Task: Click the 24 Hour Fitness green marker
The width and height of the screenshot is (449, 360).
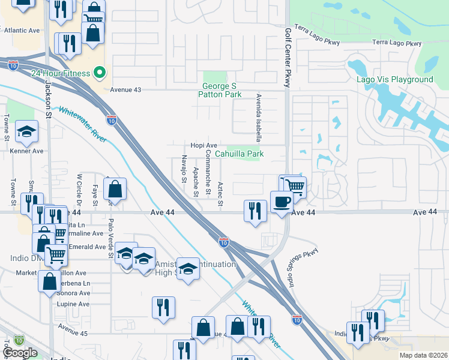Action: pyautogui.click(x=100, y=74)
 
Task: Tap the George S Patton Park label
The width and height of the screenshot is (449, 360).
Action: pyautogui.click(x=221, y=90)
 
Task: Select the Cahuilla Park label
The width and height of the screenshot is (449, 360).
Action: pyautogui.click(x=240, y=154)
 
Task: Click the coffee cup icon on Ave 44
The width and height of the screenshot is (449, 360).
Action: pyautogui.click(x=280, y=201)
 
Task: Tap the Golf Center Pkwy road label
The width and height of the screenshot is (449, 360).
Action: pyautogui.click(x=288, y=58)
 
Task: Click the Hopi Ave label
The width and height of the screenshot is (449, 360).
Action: pyautogui.click(x=203, y=145)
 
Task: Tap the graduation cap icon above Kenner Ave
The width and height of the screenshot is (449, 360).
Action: pyautogui.click(x=26, y=132)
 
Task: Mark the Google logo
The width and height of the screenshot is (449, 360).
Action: pyautogui.click(x=20, y=353)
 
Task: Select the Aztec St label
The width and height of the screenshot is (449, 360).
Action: pyautogui.click(x=220, y=195)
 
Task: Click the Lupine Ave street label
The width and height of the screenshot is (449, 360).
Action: pyautogui.click(x=72, y=304)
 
